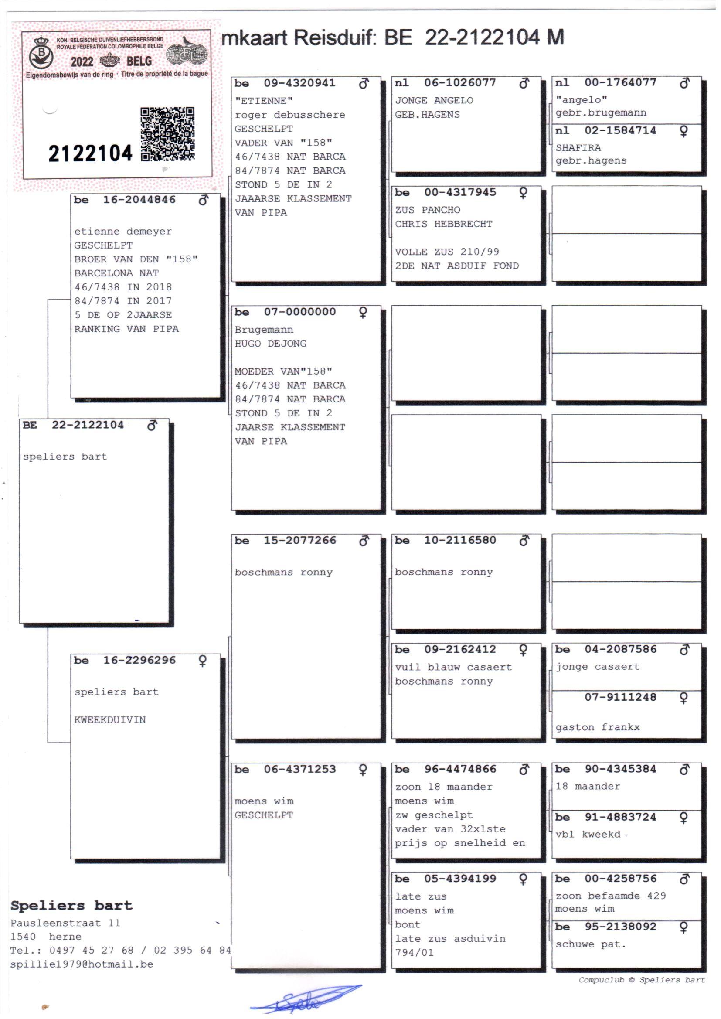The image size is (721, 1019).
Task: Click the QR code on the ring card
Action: (x=167, y=134)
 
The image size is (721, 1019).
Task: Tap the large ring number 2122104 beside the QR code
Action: (x=90, y=153)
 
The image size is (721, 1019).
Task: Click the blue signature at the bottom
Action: (x=306, y=998)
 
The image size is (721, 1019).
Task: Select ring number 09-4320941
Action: (x=299, y=83)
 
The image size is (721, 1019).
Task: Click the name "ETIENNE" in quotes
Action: (x=264, y=101)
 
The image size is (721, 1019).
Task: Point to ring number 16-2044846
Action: (x=139, y=200)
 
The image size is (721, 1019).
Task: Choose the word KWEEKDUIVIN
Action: (x=110, y=720)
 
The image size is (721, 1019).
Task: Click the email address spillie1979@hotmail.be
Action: (x=82, y=964)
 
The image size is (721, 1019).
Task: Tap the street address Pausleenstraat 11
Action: (x=65, y=923)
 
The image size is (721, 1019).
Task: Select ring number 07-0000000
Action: (x=299, y=312)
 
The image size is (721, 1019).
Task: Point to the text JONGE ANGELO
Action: (x=434, y=100)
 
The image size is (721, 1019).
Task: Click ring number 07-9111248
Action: (x=620, y=697)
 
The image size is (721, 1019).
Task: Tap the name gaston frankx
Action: (x=597, y=727)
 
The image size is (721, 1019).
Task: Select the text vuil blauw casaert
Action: (x=453, y=667)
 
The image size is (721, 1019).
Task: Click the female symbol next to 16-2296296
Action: (x=202, y=661)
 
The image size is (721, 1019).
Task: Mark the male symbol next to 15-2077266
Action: (x=364, y=541)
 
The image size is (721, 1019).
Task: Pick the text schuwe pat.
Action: (x=591, y=944)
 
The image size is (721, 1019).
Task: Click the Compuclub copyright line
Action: (x=642, y=979)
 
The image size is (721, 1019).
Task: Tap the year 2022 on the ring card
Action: (x=82, y=61)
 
